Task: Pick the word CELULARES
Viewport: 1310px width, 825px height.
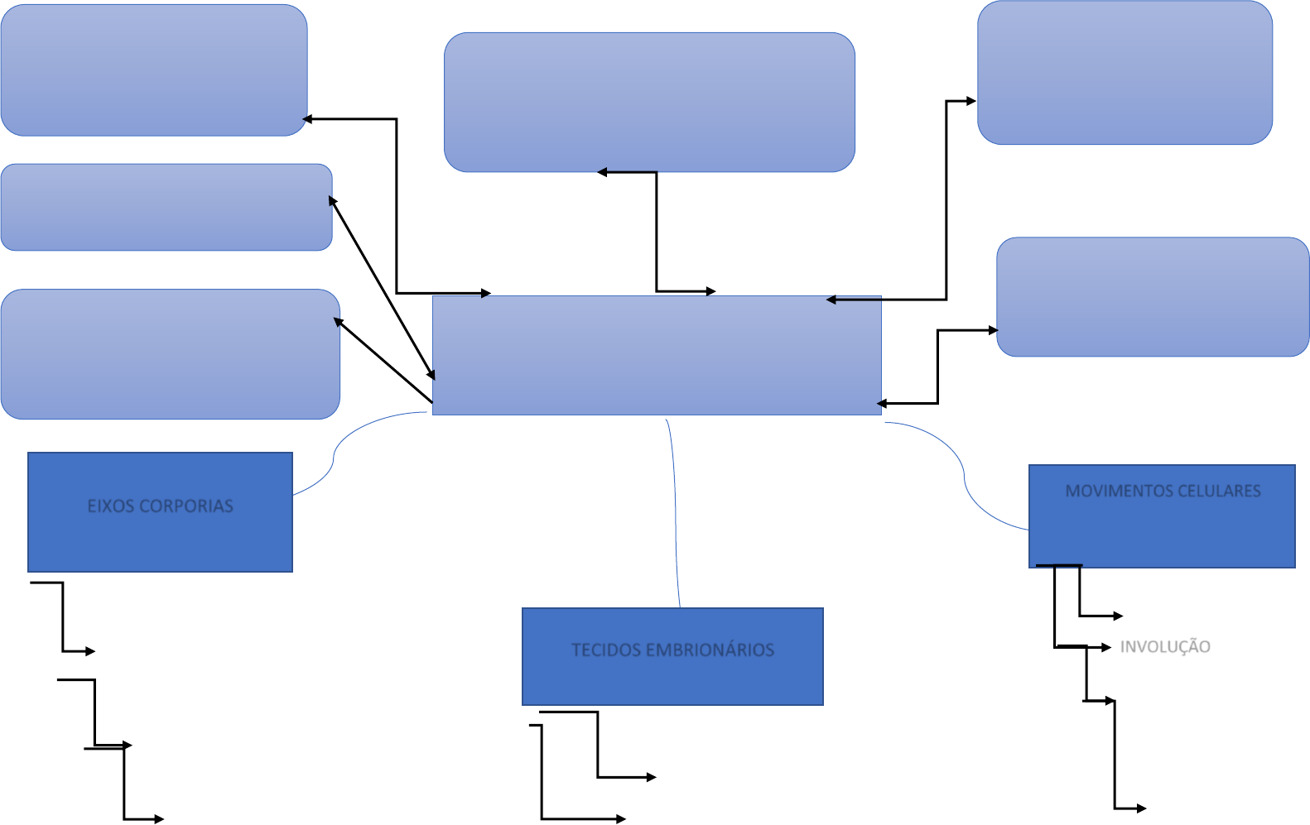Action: (1219, 491)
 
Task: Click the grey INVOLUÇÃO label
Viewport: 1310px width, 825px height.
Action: (1165, 646)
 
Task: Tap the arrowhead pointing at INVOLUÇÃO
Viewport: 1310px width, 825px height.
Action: (1107, 647)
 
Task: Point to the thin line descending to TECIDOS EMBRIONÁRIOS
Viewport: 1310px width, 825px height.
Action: (675, 513)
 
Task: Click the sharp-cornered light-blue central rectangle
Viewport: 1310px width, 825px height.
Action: (657, 356)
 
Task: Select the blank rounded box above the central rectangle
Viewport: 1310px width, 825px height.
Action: (649, 102)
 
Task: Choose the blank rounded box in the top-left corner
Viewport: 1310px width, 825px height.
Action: (154, 70)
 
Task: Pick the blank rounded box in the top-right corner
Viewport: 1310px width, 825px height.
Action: (1125, 72)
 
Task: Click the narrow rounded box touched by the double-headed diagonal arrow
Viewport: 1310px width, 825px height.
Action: (166, 207)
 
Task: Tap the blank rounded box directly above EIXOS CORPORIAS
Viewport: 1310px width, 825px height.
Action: (170, 354)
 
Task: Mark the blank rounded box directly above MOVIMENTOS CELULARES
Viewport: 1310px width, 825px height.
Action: (1153, 296)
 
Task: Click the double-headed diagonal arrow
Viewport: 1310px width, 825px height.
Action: (382, 288)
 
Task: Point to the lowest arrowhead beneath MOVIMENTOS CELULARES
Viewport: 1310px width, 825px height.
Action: (1142, 808)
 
